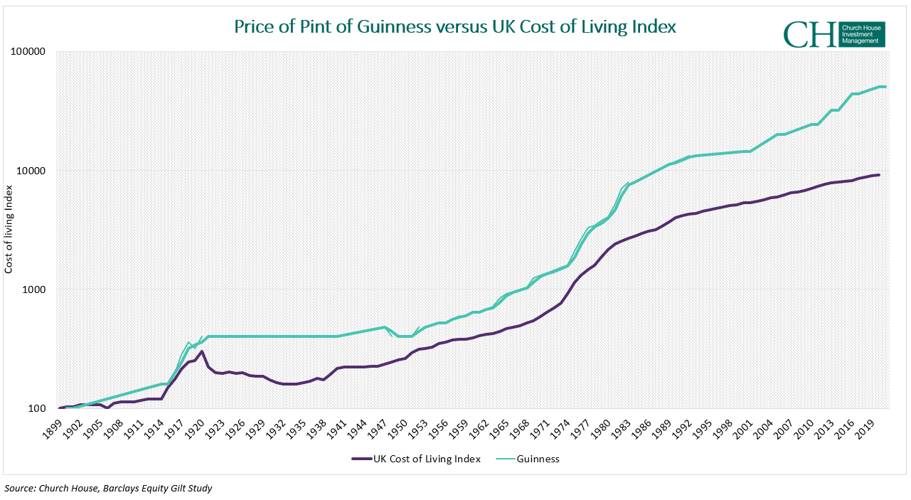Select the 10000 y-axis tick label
point(32,171)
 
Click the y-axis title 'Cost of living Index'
point(9,229)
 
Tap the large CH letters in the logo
point(810,34)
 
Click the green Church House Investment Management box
point(862,34)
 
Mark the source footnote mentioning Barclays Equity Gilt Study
point(108,488)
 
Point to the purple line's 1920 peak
point(202,351)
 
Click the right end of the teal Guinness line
point(885,87)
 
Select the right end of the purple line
point(879,175)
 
